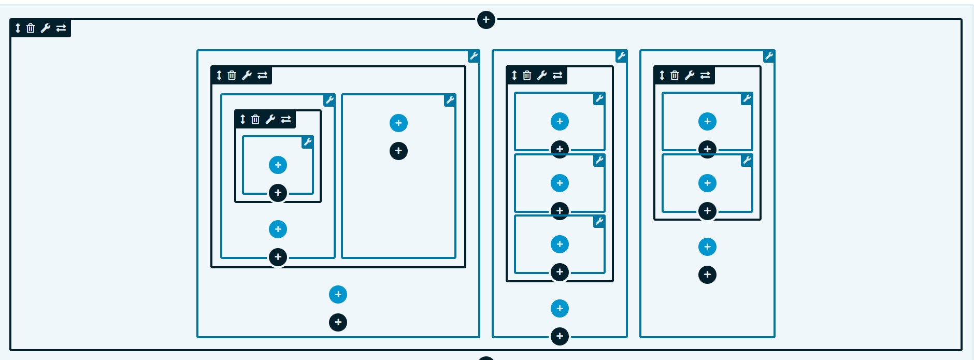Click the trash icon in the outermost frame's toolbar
[31, 28]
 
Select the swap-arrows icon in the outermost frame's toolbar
[61, 28]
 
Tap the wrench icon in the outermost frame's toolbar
[46, 28]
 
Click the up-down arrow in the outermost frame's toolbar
[18, 28]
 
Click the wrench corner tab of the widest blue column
[474, 56]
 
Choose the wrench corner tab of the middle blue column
[621, 56]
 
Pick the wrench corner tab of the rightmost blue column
[769, 56]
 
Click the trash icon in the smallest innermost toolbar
[255, 120]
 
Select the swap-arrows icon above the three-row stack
[557, 75]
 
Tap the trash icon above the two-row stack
[675, 75]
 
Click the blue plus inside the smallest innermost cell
[278, 165]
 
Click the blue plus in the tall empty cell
[398, 123]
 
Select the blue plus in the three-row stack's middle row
[560, 183]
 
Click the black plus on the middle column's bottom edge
[560, 336]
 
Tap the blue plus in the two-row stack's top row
[707, 121]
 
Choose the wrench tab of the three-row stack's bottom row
[599, 221]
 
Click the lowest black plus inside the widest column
[338, 322]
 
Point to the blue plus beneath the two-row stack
[707, 247]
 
